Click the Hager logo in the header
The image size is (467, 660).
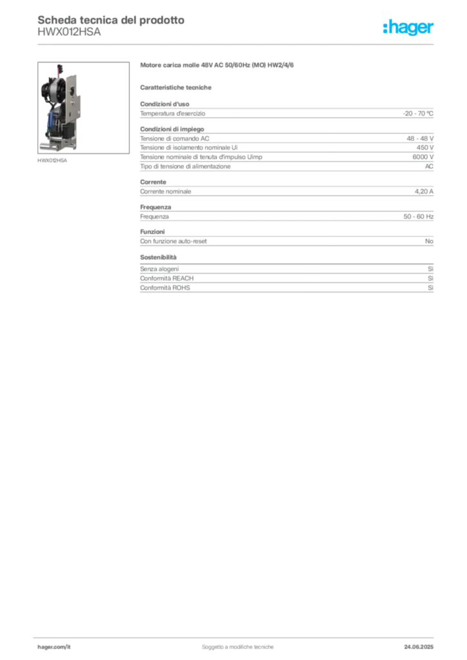(408, 27)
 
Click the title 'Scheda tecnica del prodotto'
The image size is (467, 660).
(111, 20)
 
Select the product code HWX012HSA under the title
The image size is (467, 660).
(69, 32)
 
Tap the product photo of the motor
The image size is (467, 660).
(83, 108)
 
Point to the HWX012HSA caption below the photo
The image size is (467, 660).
(52, 160)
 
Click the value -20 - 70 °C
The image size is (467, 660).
(418, 113)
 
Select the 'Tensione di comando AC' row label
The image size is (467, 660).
(175, 139)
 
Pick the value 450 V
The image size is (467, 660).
(425, 148)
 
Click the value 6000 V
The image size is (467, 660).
(422, 157)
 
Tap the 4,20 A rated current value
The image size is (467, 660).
(424, 191)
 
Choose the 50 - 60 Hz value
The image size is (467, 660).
(418, 217)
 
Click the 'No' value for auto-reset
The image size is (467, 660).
(429, 241)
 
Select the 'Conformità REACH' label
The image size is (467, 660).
(167, 278)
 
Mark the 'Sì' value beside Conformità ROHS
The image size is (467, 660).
(430, 288)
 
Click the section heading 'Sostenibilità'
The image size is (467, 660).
(158, 257)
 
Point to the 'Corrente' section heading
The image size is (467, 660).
(154, 182)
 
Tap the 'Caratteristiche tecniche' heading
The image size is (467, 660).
(175, 88)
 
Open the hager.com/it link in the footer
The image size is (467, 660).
(54, 647)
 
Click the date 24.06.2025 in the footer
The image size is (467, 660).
(419, 647)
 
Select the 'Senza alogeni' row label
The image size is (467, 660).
(159, 269)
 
